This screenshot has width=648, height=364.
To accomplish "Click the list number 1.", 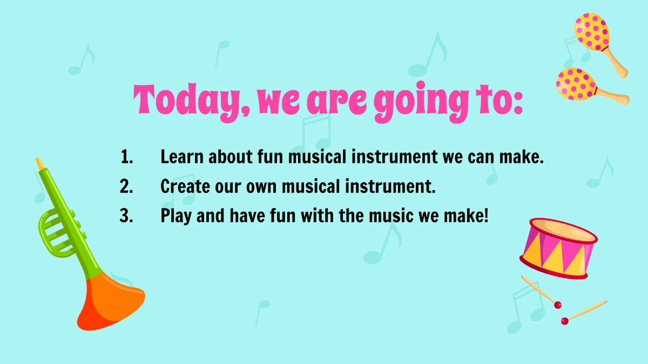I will pos(126,157).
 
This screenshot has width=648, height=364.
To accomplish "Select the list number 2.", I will pos(126,187).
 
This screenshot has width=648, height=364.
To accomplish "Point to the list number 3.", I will pos(126,216).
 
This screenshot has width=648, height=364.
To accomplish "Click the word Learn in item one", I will pos(182,157).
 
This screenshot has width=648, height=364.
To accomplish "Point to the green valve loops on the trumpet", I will pos(55,232).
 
